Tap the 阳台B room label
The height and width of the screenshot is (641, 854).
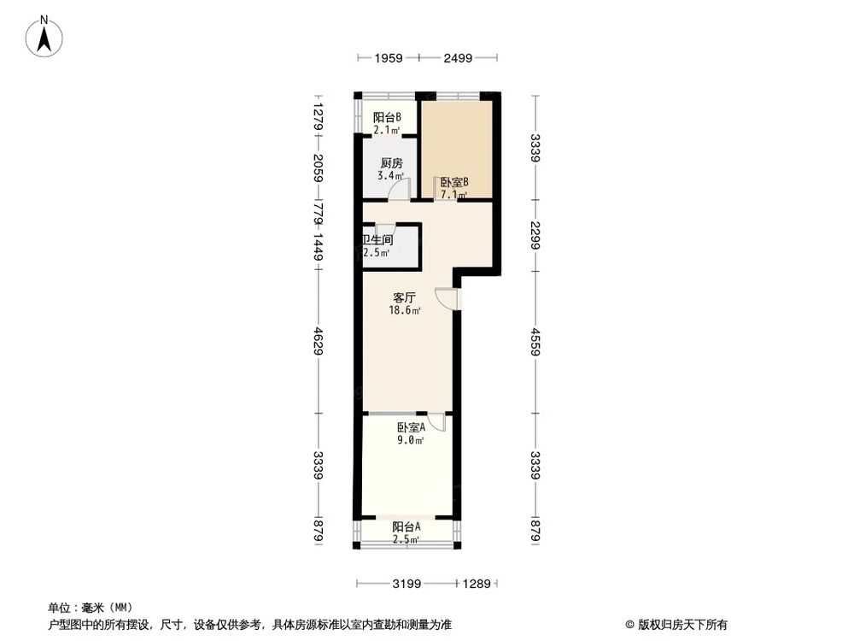click(x=387, y=118)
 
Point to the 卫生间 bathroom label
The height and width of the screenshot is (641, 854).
click(x=377, y=240)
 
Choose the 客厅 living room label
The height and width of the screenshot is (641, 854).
click(x=404, y=298)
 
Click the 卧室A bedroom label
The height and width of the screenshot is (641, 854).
click(x=411, y=428)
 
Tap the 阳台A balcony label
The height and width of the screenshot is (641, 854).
click(x=405, y=527)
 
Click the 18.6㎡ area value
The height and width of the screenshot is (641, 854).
click(x=406, y=311)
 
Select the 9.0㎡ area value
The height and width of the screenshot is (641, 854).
click(x=411, y=441)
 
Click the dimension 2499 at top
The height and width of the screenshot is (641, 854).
click(x=459, y=58)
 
